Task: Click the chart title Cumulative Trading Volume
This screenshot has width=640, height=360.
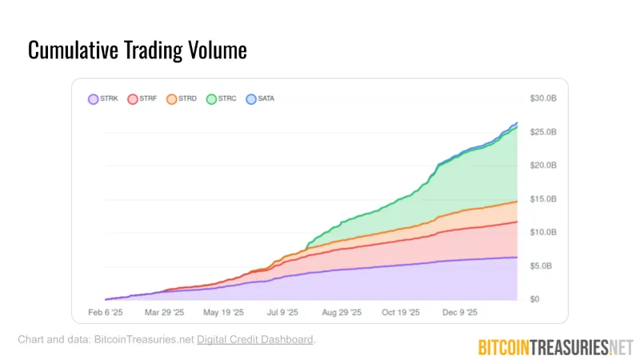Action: tap(138, 50)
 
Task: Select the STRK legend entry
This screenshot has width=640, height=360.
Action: tap(103, 99)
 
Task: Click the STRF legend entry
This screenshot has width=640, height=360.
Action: tap(142, 99)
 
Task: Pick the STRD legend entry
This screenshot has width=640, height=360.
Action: tap(182, 99)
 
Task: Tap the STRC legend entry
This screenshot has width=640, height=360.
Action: tap(222, 99)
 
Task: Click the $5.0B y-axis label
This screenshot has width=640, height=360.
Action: tap(542, 266)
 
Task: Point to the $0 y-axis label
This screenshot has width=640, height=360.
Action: tap(536, 299)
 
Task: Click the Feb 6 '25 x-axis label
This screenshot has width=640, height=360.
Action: tap(105, 313)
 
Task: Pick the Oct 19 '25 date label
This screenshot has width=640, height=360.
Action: tap(399, 313)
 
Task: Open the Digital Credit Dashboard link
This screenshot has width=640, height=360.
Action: tap(255, 340)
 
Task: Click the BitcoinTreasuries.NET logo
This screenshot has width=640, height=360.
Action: tap(555, 346)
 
